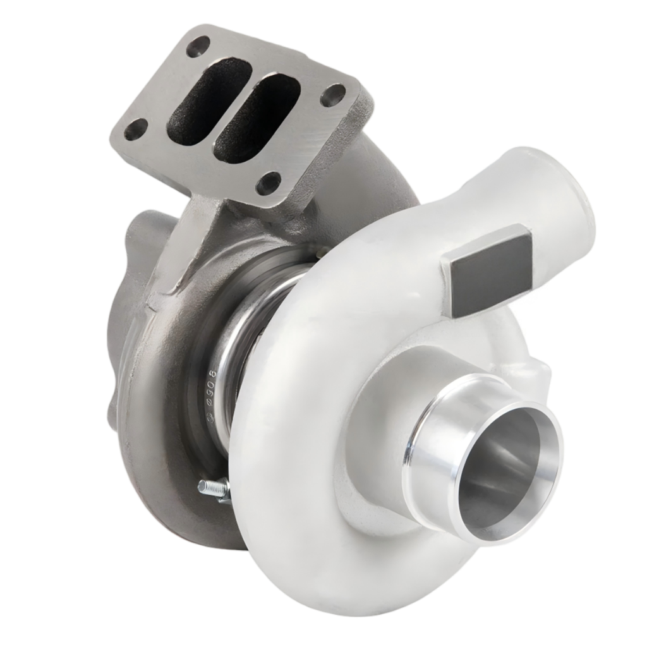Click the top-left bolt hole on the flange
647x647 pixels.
[198, 45]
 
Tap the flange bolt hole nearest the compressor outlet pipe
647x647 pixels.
[332, 95]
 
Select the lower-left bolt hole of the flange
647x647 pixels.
[135, 130]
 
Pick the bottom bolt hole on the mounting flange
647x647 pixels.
[269, 183]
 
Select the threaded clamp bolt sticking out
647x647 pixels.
[212, 487]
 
